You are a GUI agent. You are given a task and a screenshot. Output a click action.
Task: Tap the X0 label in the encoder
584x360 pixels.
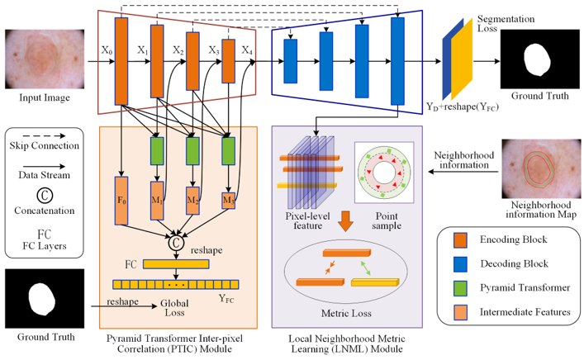pos(104,50)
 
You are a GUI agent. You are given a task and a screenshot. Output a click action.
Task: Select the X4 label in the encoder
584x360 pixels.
pos(247,50)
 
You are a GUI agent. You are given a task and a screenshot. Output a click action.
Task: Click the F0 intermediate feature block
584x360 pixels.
pos(121,199)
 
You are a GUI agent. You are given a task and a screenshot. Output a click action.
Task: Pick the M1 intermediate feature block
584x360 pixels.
pos(158,199)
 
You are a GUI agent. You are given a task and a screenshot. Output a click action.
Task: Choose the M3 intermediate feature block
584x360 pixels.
pos(227,200)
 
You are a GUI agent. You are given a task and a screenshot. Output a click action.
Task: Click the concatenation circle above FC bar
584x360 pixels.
pos(175,243)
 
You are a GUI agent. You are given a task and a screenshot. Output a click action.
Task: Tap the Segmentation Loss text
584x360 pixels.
pos(506,25)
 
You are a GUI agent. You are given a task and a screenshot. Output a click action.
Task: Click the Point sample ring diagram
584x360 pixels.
pos(383,175)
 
